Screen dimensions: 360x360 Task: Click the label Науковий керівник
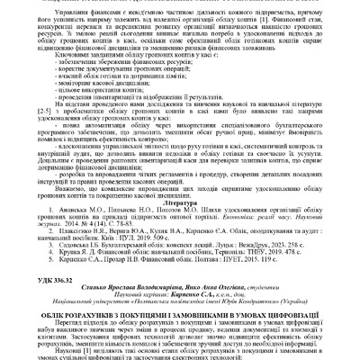(148, 304)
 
